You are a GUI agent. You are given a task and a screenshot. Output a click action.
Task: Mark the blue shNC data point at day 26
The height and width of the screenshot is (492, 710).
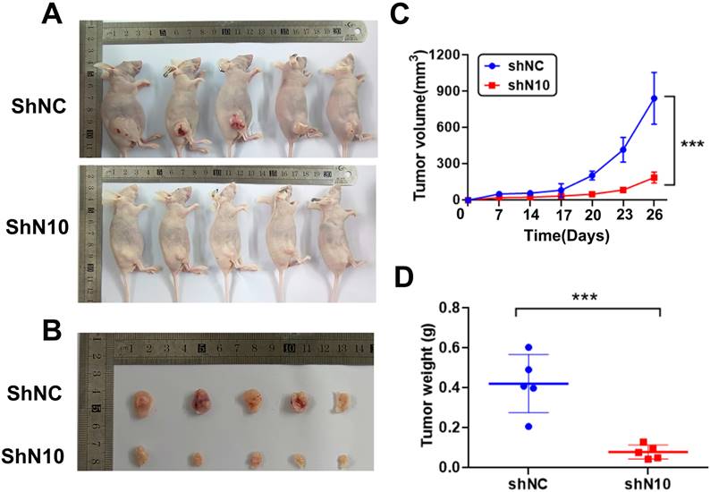pos(654,98)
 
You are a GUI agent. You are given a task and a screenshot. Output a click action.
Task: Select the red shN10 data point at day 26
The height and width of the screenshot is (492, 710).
pos(654,177)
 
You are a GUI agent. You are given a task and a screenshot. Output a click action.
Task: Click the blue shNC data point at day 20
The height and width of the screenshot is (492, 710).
pos(592,175)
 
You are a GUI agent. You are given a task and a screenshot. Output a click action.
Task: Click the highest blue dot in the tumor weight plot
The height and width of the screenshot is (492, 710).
pos(528,347)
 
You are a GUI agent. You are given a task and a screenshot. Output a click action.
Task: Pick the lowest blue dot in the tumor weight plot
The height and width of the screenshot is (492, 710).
pos(528,426)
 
